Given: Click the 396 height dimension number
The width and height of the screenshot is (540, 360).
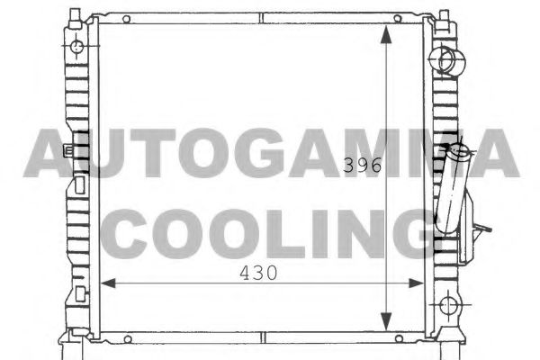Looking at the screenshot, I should click(x=364, y=166).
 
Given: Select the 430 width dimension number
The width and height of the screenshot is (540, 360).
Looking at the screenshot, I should click(x=256, y=271).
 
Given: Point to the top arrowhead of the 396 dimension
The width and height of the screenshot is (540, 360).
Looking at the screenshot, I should click(x=386, y=32).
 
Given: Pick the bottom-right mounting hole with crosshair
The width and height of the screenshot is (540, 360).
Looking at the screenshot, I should click(x=448, y=307).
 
